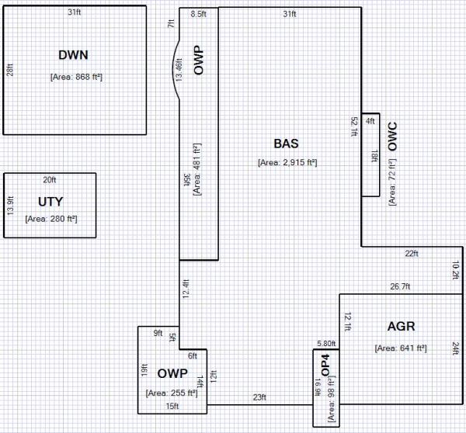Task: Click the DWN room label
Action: pyautogui.click(x=73, y=55)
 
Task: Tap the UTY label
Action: pyautogui.click(x=50, y=202)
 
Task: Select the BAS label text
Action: pyautogui.click(x=286, y=144)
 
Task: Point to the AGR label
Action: pyautogui.click(x=401, y=327)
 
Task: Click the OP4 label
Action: pyautogui.click(x=325, y=365)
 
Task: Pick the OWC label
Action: pyautogui.click(x=392, y=137)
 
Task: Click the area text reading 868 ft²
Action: pyautogui.click(x=76, y=77)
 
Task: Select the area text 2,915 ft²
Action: pyautogui.click(x=287, y=162)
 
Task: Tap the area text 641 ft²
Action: pyautogui.click(x=401, y=348)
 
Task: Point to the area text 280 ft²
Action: pyautogui.click(x=51, y=219)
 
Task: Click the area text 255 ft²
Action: pyautogui.click(x=172, y=393)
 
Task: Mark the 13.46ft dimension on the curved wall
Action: pyautogui.click(x=179, y=70)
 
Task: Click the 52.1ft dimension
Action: pyautogui.click(x=354, y=126)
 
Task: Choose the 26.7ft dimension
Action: pyautogui.click(x=400, y=286)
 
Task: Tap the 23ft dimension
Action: pyautogui.click(x=259, y=397)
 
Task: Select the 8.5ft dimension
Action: pyautogui.click(x=198, y=14)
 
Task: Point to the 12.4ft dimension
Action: pyautogui.click(x=186, y=289)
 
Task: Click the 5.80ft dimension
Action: pyautogui.click(x=326, y=344)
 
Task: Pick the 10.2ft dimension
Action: pyautogui.click(x=455, y=270)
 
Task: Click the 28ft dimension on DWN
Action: pyautogui.click(x=10, y=70)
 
